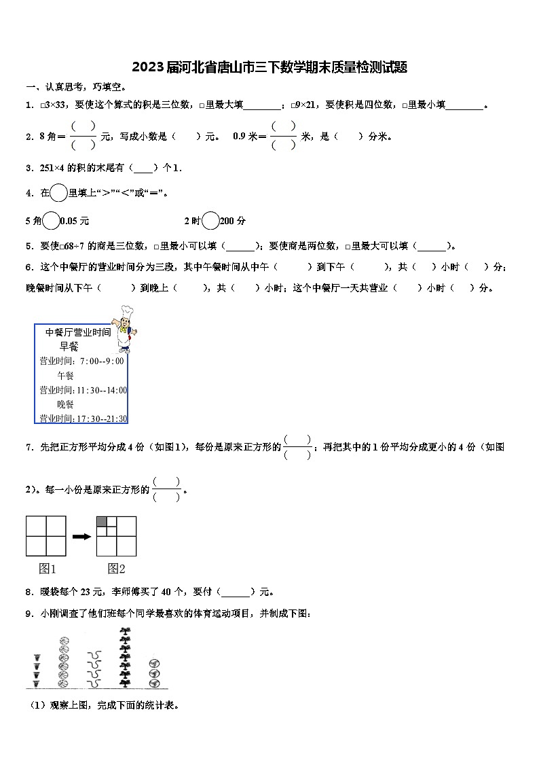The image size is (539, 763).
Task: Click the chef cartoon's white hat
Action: pos(126,310)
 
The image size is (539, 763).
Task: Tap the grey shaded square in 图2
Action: pos(102,521)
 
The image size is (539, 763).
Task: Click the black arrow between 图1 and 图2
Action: pos(81,536)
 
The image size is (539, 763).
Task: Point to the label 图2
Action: pos(116,569)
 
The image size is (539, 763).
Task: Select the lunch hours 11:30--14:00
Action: pos(102,390)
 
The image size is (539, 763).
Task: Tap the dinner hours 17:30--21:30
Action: pos(102,419)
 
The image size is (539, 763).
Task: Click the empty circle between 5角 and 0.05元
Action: pos(51,221)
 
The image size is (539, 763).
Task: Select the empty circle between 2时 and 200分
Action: pos(210,221)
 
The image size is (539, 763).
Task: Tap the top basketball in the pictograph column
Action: pos(64,641)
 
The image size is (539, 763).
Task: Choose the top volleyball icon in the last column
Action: pos(154,663)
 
